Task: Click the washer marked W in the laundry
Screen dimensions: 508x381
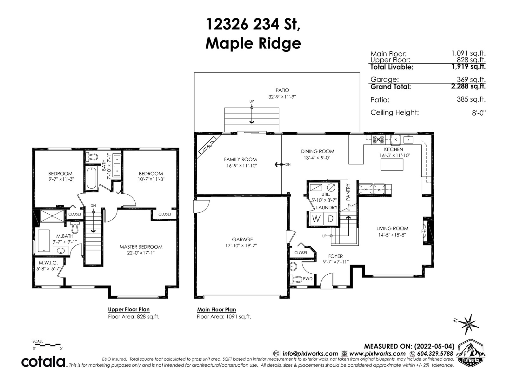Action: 316,218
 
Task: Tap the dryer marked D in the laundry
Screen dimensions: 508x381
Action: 330,218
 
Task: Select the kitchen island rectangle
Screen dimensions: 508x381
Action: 392,164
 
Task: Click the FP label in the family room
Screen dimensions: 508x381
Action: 209,146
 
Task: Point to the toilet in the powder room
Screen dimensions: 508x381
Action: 296,278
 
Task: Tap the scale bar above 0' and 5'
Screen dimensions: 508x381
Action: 47,345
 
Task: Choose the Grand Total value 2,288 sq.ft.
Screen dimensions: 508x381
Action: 468,86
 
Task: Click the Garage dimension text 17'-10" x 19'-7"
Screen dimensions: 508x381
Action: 241,245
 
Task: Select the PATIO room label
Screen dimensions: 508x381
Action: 282,90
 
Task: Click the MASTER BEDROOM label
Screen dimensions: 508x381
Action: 141,247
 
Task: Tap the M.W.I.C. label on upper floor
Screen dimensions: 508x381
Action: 48,263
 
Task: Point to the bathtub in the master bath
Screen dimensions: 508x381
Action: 44,241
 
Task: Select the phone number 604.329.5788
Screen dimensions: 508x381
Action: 435,354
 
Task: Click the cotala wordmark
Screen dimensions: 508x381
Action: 43,362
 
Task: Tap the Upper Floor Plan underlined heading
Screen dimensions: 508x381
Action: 129,310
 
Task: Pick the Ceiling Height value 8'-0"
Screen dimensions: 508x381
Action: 479,113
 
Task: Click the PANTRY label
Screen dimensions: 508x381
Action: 348,192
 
